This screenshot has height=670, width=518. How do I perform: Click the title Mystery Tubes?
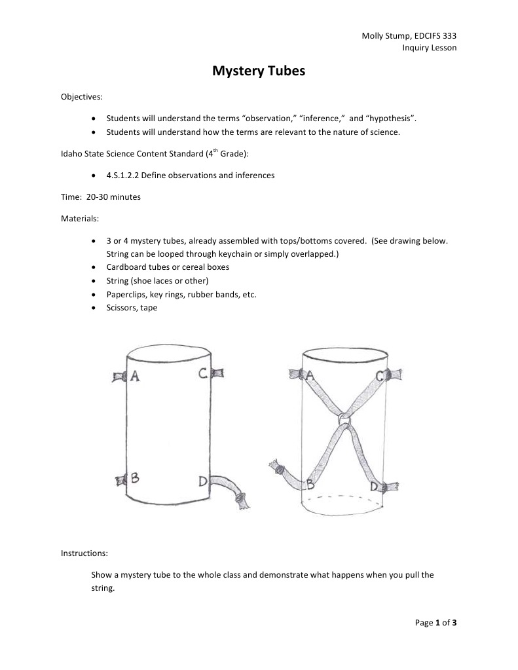click(x=259, y=72)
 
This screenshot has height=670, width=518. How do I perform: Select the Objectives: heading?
click(x=82, y=97)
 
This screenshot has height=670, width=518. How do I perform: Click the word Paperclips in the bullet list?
click(x=126, y=295)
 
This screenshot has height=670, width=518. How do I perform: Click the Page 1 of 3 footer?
click(x=436, y=623)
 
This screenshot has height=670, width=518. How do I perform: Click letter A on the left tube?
click(x=135, y=375)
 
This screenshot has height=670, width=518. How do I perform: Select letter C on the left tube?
click(x=203, y=373)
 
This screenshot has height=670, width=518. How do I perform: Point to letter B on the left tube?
click(x=135, y=479)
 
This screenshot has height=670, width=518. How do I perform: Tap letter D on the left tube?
click(x=204, y=482)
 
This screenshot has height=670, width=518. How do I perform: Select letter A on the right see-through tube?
click(x=310, y=375)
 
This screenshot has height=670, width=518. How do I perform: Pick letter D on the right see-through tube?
click(x=374, y=486)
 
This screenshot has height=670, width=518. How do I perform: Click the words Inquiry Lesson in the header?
click(x=429, y=48)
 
